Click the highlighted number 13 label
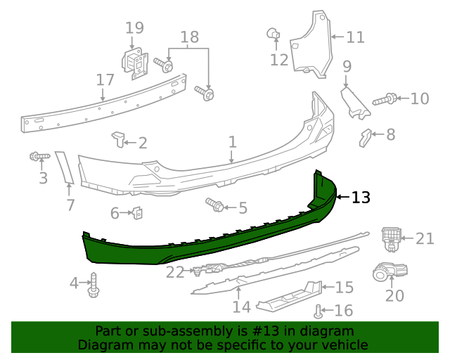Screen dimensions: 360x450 click(360, 198)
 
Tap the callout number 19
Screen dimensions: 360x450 click(134, 28)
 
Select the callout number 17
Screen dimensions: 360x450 click(105, 79)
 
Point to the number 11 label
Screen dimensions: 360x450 click(355, 37)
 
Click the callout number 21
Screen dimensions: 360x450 click(425, 239)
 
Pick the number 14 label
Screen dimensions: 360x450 click(241, 307)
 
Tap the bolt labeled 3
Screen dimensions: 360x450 click(38, 155)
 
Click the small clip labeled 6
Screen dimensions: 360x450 click(139, 212)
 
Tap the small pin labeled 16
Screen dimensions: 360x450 click(319, 310)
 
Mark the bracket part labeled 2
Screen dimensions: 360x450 click(117, 139)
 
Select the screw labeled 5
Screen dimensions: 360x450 click(215, 205)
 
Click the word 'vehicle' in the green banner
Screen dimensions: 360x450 click(344, 345)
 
